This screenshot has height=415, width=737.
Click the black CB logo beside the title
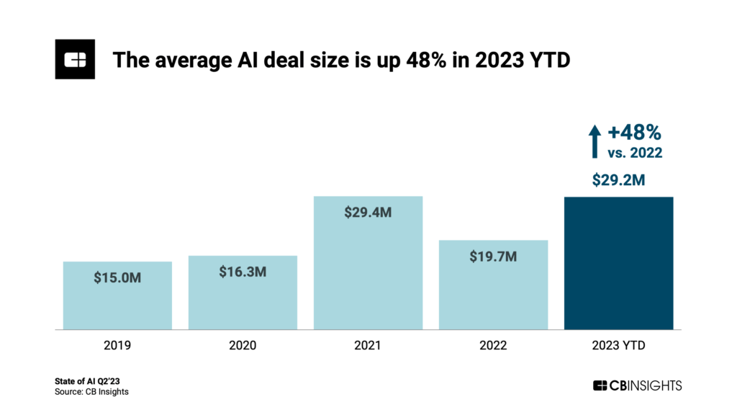coord(75,60)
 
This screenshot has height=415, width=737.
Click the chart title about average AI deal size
coord(340,61)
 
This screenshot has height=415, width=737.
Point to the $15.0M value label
coord(117,277)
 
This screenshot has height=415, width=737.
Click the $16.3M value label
coord(243,272)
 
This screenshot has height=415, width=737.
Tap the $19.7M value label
coord(493,256)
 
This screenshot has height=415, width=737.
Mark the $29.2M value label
coord(618,180)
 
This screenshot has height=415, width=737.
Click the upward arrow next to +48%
coord(594,141)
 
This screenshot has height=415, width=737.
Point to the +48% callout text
coord(634,133)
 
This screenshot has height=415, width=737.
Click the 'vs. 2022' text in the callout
coord(634,152)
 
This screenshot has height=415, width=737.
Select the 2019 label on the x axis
coord(117,346)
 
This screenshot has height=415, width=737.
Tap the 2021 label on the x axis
coord(368,346)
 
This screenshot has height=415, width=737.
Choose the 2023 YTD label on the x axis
coord(618,346)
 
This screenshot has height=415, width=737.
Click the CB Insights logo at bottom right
coord(636,385)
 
